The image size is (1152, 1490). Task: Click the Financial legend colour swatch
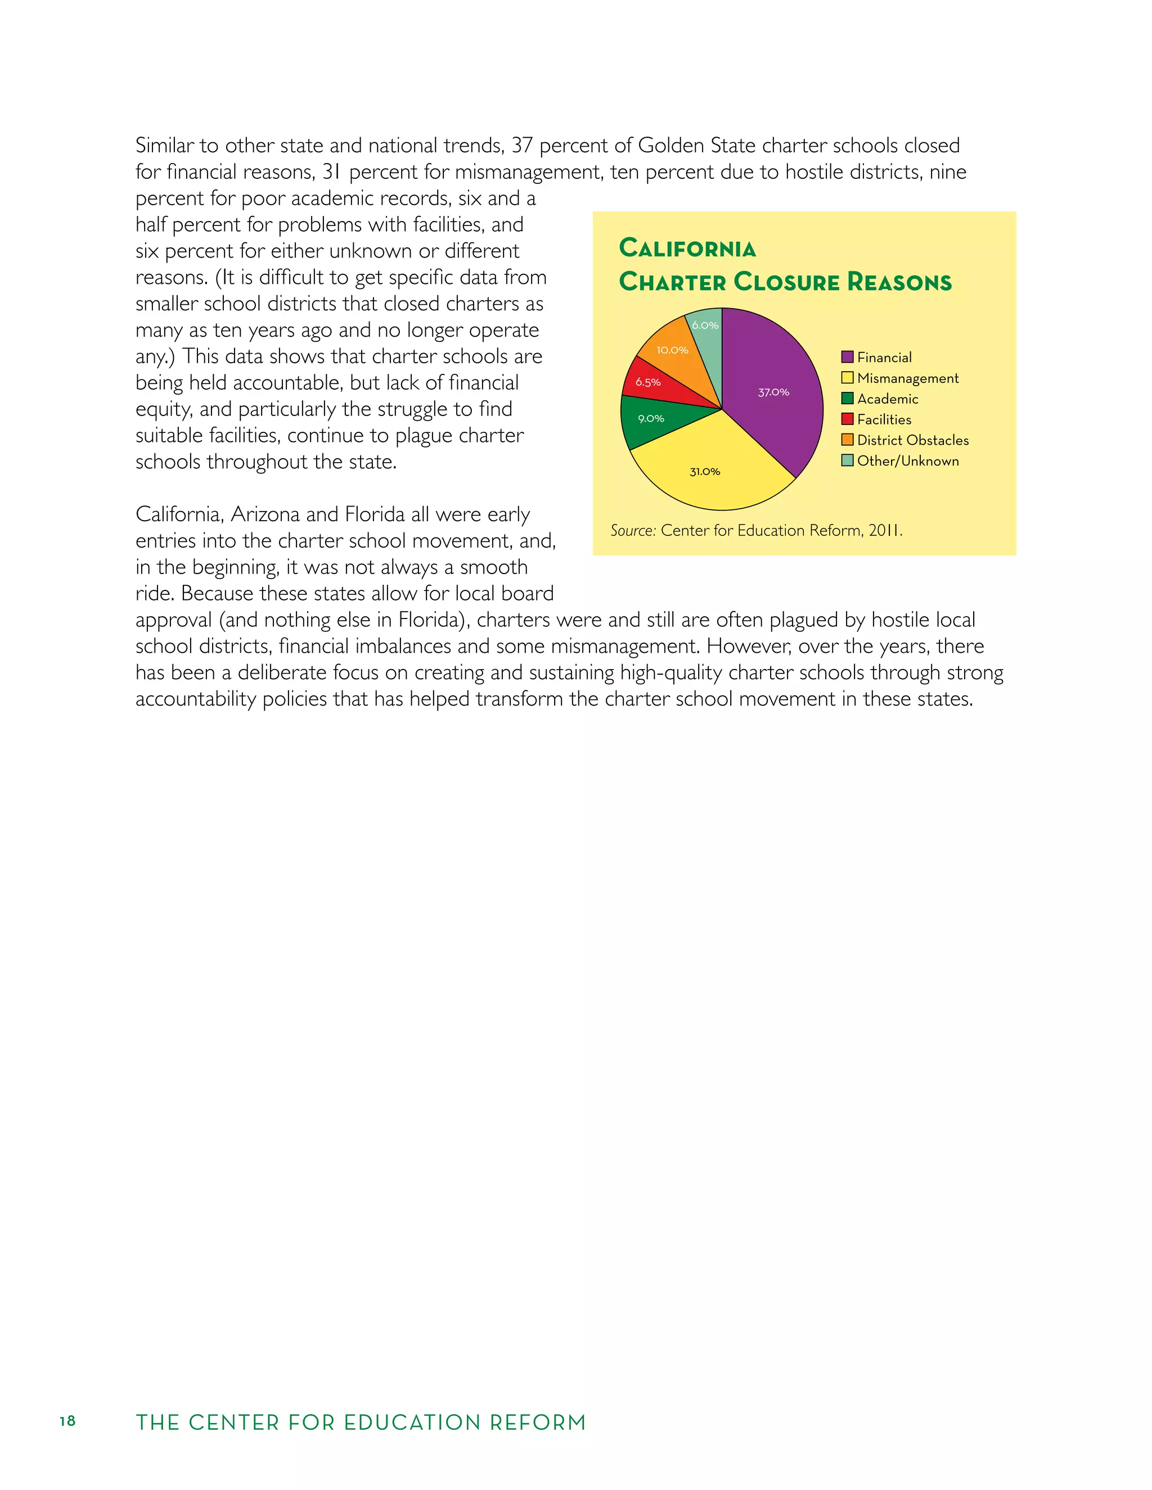pyautogui.click(x=847, y=357)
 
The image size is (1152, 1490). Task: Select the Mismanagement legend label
pyautogui.click(x=908, y=378)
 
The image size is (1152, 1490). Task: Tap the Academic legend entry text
pyautogui.click(x=887, y=399)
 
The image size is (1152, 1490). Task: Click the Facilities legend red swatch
pyautogui.click(x=847, y=419)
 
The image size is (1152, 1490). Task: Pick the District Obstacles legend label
pyautogui.click(x=912, y=440)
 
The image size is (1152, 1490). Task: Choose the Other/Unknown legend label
pyautogui.click(x=908, y=461)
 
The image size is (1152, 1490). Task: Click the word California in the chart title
pyautogui.click(x=687, y=249)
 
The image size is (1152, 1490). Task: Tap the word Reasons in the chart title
pyautogui.click(x=899, y=282)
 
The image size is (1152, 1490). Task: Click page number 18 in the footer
pyautogui.click(x=67, y=1421)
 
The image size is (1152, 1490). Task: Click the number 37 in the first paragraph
pyautogui.click(x=522, y=145)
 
